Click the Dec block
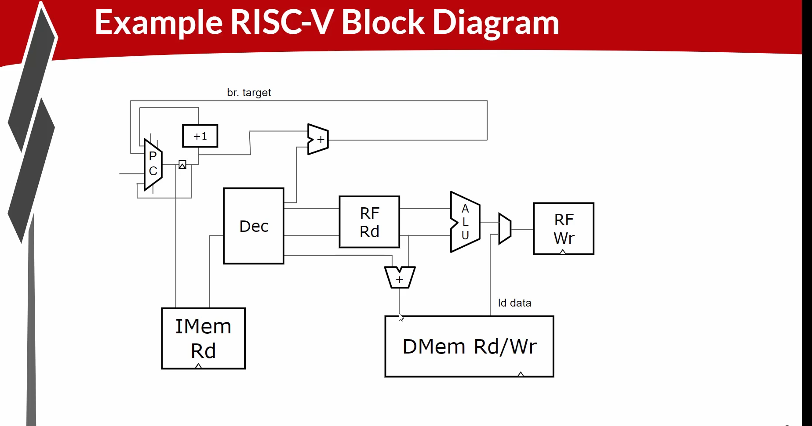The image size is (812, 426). tap(254, 226)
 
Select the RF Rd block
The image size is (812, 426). tap(369, 222)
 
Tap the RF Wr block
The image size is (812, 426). tap(564, 228)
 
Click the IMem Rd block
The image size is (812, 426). tap(203, 338)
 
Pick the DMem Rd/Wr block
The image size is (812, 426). tap(469, 346)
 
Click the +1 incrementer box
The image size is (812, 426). tap(200, 136)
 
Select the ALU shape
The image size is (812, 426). tap(465, 222)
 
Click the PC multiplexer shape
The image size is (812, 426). tap(153, 164)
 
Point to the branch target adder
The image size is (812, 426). tap(318, 140)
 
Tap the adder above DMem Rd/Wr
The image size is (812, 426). tap(400, 278)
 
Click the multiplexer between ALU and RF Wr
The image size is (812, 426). tap(505, 228)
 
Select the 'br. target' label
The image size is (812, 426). tap(249, 93)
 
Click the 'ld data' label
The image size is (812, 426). tap(514, 303)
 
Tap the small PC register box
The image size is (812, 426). tap(182, 165)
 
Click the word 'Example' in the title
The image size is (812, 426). tap(158, 23)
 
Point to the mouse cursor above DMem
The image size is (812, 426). tap(401, 318)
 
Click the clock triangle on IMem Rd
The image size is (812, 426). tap(198, 366)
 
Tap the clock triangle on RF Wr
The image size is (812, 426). tap(563, 252)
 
